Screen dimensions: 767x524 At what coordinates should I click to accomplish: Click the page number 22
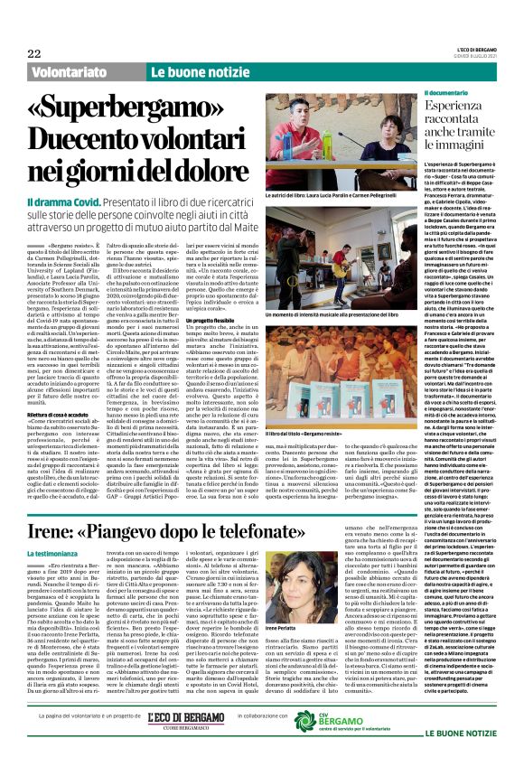point(33,53)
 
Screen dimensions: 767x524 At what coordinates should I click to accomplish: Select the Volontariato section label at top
point(72,70)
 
